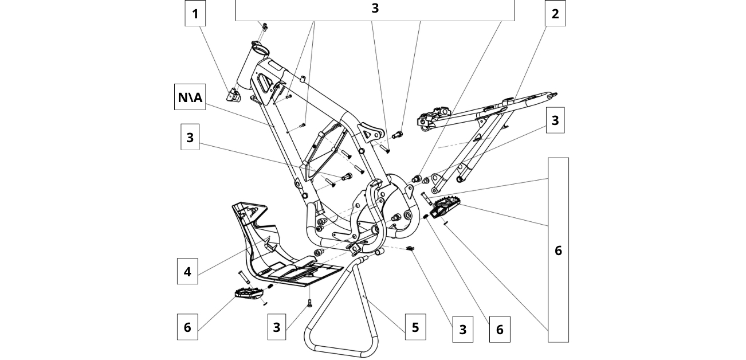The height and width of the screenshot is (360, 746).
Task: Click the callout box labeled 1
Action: (x=195, y=13)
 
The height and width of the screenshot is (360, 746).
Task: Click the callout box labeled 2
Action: (x=555, y=13)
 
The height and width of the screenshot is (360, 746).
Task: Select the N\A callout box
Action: (x=190, y=97)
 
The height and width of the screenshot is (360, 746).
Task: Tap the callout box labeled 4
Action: (x=187, y=272)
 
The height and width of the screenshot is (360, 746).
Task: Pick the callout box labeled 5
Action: (x=415, y=327)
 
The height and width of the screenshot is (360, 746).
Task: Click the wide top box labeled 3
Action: (x=375, y=9)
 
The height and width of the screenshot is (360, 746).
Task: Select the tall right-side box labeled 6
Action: (x=558, y=250)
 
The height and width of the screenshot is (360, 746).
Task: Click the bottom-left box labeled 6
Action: (x=187, y=327)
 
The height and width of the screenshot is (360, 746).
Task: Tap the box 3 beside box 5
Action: (x=462, y=329)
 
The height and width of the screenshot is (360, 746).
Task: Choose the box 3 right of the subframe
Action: (x=555, y=120)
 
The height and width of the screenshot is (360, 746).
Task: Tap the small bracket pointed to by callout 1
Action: (x=234, y=95)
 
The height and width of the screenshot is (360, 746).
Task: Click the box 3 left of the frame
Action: (x=190, y=138)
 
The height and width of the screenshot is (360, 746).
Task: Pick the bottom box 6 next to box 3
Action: (x=499, y=329)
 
